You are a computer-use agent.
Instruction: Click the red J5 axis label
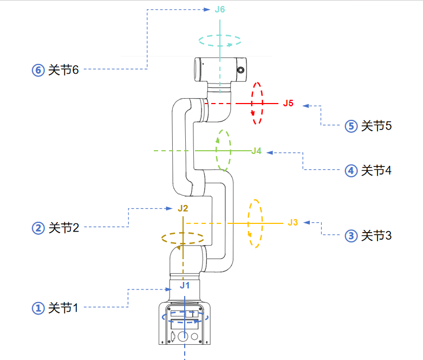(288, 103)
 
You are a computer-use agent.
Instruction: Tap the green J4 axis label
(256, 151)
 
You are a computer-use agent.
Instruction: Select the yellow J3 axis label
(293, 222)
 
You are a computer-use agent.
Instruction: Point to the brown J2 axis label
(183, 208)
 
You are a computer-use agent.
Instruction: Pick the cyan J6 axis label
(219, 9)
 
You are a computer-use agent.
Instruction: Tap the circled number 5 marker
(351, 126)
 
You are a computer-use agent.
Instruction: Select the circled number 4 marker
(351, 171)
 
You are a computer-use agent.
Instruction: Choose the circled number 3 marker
(351, 236)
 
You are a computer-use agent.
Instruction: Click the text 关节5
(376, 126)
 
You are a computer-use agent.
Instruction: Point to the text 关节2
(63, 228)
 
